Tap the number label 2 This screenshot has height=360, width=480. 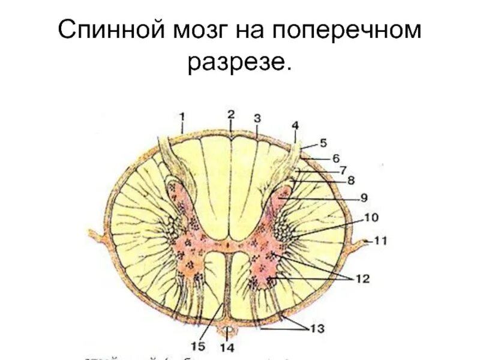(230, 113)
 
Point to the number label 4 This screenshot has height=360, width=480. (295, 125)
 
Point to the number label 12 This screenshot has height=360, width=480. (362, 278)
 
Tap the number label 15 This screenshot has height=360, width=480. (199, 346)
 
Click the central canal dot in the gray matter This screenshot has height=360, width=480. (227, 245)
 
